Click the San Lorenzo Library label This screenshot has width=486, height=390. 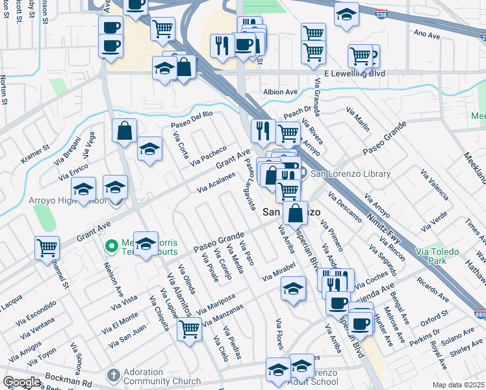[x=350, y=174]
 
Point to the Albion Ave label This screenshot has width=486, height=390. [x=280, y=92]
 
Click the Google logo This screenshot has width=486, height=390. [x=21, y=382]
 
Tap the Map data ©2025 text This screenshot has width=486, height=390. [x=457, y=385]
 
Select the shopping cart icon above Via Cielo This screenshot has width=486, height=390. [x=189, y=328]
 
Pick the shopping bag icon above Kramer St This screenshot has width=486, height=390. [x=124, y=130]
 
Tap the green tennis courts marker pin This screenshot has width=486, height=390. [x=111, y=246]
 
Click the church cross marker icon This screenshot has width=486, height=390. [x=113, y=375]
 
